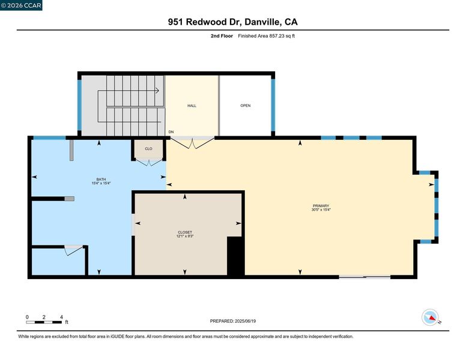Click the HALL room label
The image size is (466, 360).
[x=192, y=106]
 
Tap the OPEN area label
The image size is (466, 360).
[x=246, y=106]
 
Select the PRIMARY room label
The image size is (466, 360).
[x=321, y=206]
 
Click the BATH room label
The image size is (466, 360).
[x=101, y=179]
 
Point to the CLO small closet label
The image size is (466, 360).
[x=148, y=149]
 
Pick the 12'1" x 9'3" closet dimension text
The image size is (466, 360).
[x=185, y=236]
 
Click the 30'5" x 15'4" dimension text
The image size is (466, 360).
[x=321, y=210]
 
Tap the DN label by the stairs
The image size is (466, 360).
[x=171, y=132]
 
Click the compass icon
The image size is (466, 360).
[x=431, y=317]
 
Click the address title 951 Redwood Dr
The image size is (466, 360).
[x=205, y=22]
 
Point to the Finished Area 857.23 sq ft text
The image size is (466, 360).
[x=266, y=36]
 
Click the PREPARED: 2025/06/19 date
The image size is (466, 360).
[x=233, y=321]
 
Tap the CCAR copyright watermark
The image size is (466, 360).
[x=21, y=5]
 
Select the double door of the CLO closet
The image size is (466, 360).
[x=150, y=163]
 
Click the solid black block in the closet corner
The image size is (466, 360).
[x=235, y=256]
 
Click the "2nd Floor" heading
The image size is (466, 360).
[x=222, y=36]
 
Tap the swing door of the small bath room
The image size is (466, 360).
[x=73, y=250]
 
